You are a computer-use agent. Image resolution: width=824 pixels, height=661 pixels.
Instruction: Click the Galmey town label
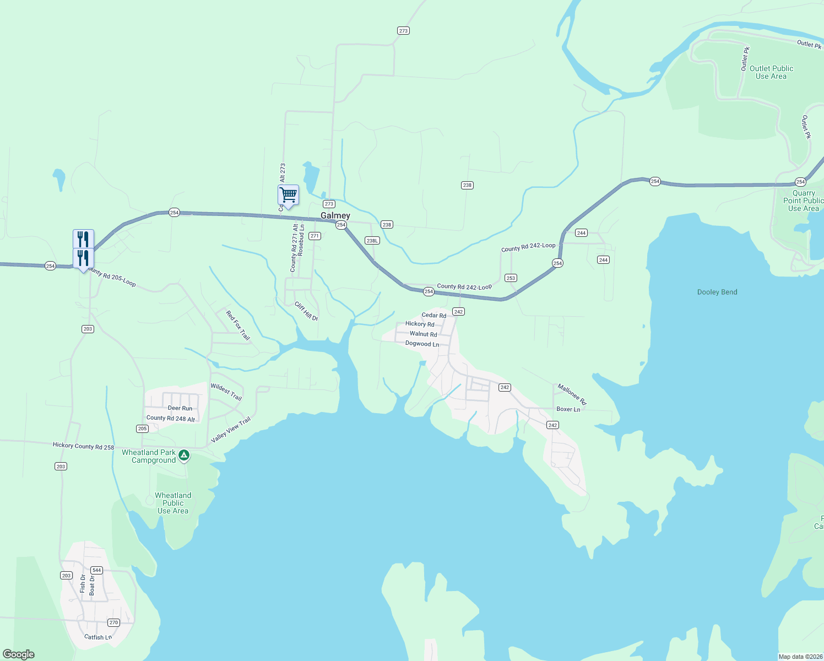pos(335,215)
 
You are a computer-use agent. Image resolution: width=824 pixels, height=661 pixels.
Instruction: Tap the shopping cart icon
pos(288,195)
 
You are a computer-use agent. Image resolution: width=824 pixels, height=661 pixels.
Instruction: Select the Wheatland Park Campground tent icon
pos(185,456)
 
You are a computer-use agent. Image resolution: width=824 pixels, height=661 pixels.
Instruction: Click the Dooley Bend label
pos(717,292)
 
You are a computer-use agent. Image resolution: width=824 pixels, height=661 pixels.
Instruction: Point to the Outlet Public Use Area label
pos(771,72)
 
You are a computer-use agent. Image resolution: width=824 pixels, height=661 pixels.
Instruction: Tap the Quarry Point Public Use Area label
pos(803,201)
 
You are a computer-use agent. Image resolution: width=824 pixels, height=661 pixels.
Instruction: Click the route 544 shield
pos(97,570)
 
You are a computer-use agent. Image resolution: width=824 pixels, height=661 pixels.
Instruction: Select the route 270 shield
pos(113,622)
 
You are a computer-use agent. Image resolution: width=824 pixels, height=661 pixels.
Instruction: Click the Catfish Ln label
pos(98,637)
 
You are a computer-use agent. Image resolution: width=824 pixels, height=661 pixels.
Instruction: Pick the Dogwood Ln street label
pos(422,344)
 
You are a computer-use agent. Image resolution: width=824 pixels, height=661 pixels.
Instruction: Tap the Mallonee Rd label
pos(572,394)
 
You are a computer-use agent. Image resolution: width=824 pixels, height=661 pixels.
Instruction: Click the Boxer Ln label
pos(568,409)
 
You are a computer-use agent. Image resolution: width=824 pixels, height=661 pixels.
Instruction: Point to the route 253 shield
pos(511,278)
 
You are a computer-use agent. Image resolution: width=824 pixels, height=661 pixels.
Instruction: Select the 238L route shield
pos(372,241)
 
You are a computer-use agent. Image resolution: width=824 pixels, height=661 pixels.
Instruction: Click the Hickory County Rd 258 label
pos(83,446)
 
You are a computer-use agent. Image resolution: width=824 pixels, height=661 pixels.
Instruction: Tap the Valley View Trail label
pos(231,430)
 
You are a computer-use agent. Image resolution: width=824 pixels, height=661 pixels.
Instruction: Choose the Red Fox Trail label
pos(238,325)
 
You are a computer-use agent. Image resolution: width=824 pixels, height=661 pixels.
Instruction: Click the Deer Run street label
pos(180,408)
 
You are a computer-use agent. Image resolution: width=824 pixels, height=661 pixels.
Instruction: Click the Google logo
pos(19,654)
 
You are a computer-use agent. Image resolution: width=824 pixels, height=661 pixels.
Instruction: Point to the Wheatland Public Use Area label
pos(173,503)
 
